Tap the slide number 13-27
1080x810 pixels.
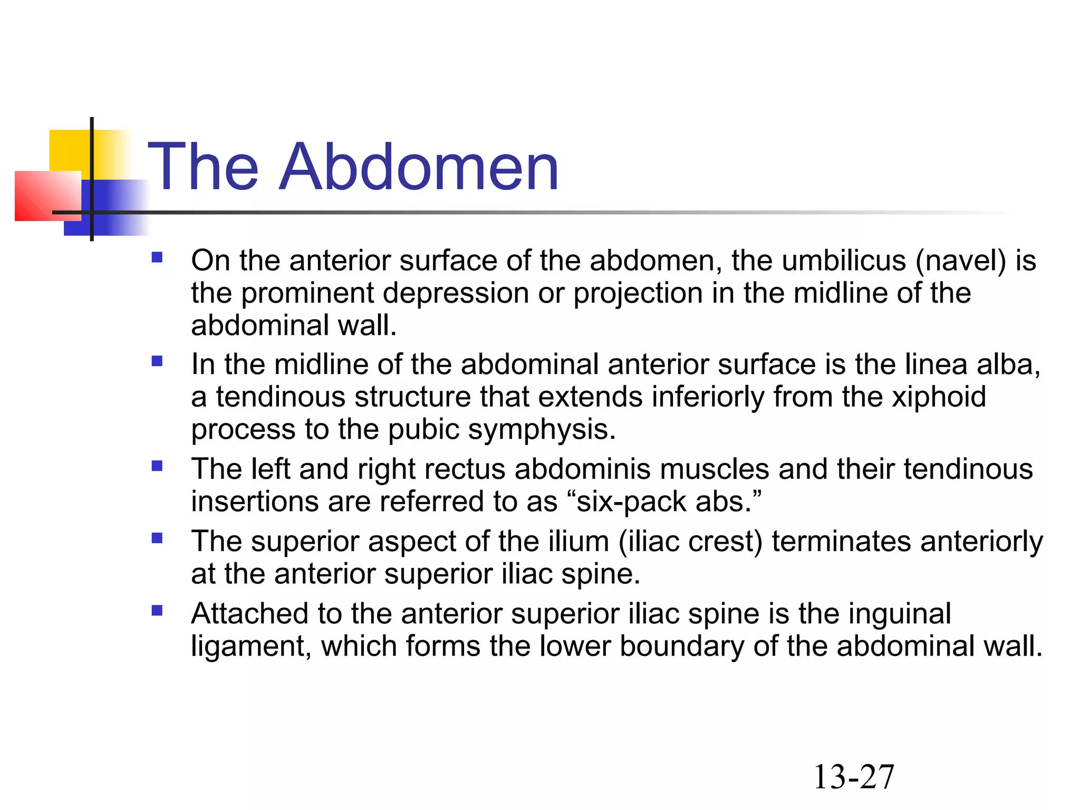854,777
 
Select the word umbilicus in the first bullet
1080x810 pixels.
844,261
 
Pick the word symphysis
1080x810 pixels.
542,430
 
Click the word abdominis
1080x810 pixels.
582,469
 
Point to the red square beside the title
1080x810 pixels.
47,196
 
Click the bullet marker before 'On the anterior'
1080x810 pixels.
157,257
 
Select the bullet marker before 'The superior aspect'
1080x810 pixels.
157,538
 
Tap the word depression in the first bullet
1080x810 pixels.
456,293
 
